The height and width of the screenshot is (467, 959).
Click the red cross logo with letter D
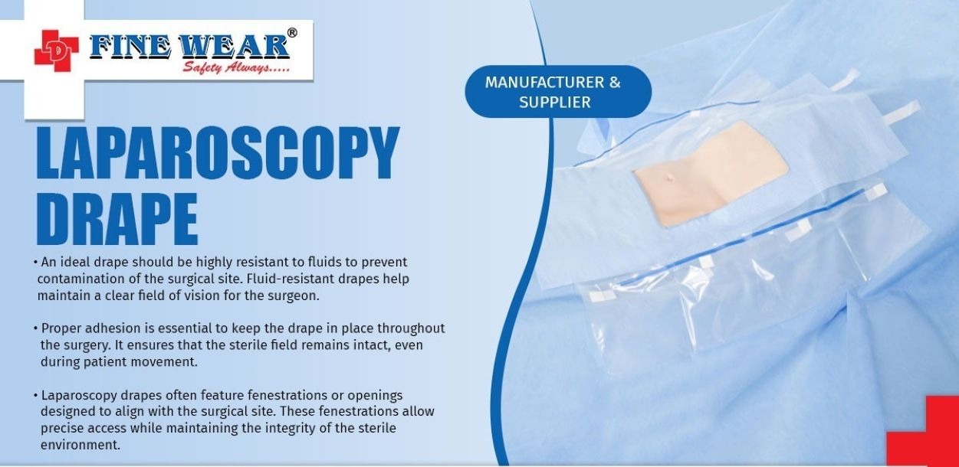[x=56, y=51]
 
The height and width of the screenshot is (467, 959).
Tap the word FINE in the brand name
[x=130, y=46]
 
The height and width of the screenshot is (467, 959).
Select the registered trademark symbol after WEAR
[x=292, y=33]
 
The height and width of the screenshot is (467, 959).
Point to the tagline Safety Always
[x=236, y=67]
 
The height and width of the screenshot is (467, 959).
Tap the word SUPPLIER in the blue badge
[x=555, y=103]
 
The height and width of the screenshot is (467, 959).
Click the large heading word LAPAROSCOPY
[x=218, y=152]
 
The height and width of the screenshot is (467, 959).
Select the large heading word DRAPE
[x=117, y=218]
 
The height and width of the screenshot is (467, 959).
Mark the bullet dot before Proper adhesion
[x=35, y=328]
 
